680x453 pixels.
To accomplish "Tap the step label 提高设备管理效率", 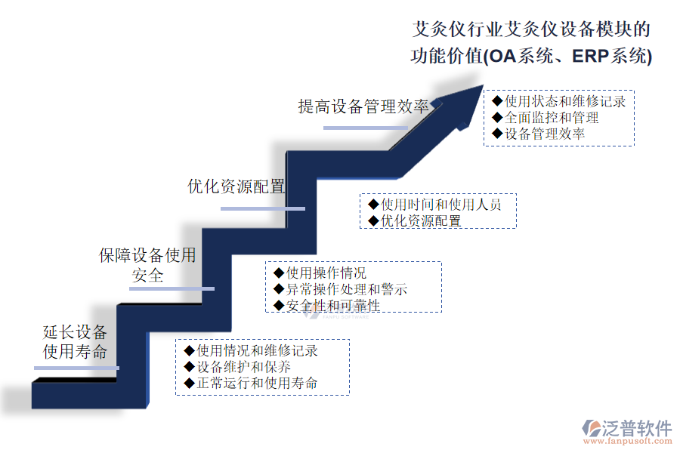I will tap(363, 106).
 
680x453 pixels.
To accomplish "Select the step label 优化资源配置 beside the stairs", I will tap(236, 186).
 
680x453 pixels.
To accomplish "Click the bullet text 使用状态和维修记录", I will tap(565, 101).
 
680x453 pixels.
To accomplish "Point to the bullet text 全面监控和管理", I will tap(552, 118).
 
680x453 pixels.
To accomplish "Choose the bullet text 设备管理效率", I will tap(545, 134).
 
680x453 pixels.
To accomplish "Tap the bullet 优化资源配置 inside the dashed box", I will tap(421, 221).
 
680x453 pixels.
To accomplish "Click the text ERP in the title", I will tap(591, 56).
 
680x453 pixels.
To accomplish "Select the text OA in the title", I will tap(502, 56).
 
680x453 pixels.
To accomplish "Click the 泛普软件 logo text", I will tap(636, 428).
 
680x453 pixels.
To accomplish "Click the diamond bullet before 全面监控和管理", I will tap(497, 118).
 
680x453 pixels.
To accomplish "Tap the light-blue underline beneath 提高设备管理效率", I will tap(366, 128).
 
